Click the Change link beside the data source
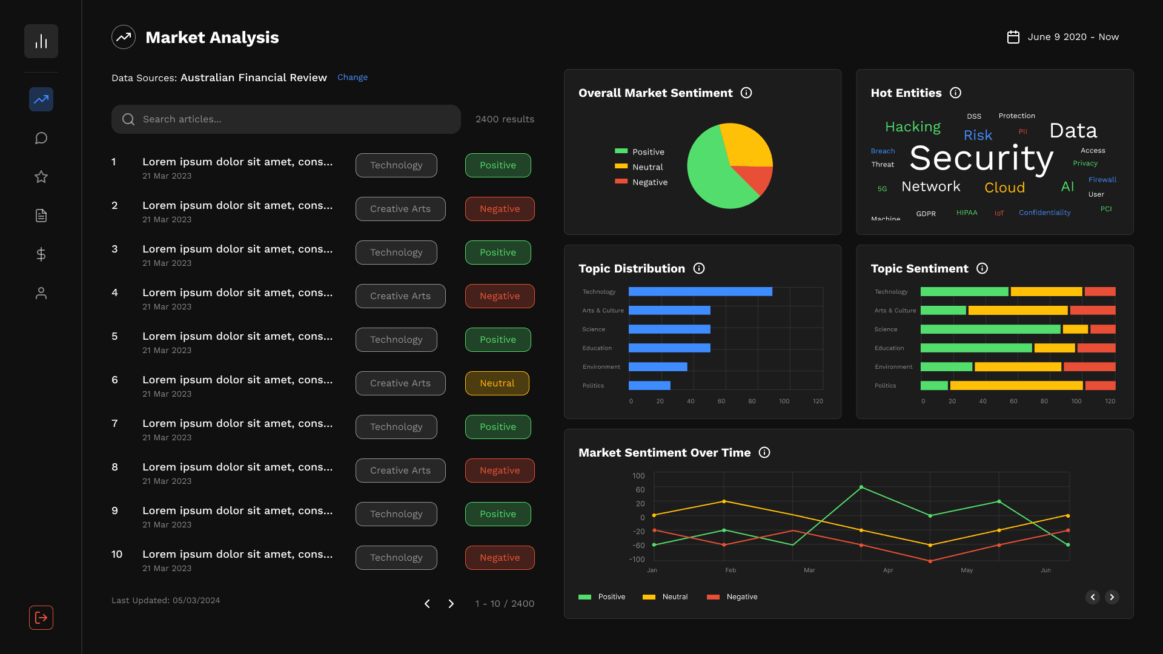[352, 78]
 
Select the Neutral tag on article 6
[497, 383]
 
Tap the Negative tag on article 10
[499, 558]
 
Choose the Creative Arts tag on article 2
[400, 209]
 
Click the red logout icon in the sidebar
[41, 618]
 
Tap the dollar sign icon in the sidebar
[41, 254]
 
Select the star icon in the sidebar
[41, 177]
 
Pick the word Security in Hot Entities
[981, 159]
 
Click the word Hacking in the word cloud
[912, 127]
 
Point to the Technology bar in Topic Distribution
[700, 292]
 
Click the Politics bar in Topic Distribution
[649, 386]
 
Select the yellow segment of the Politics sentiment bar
[1016, 386]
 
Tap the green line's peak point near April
[861, 487]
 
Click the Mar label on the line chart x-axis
[809, 570]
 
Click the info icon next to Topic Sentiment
[982, 268]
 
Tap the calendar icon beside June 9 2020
[1013, 37]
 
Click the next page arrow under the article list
[451, 604]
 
